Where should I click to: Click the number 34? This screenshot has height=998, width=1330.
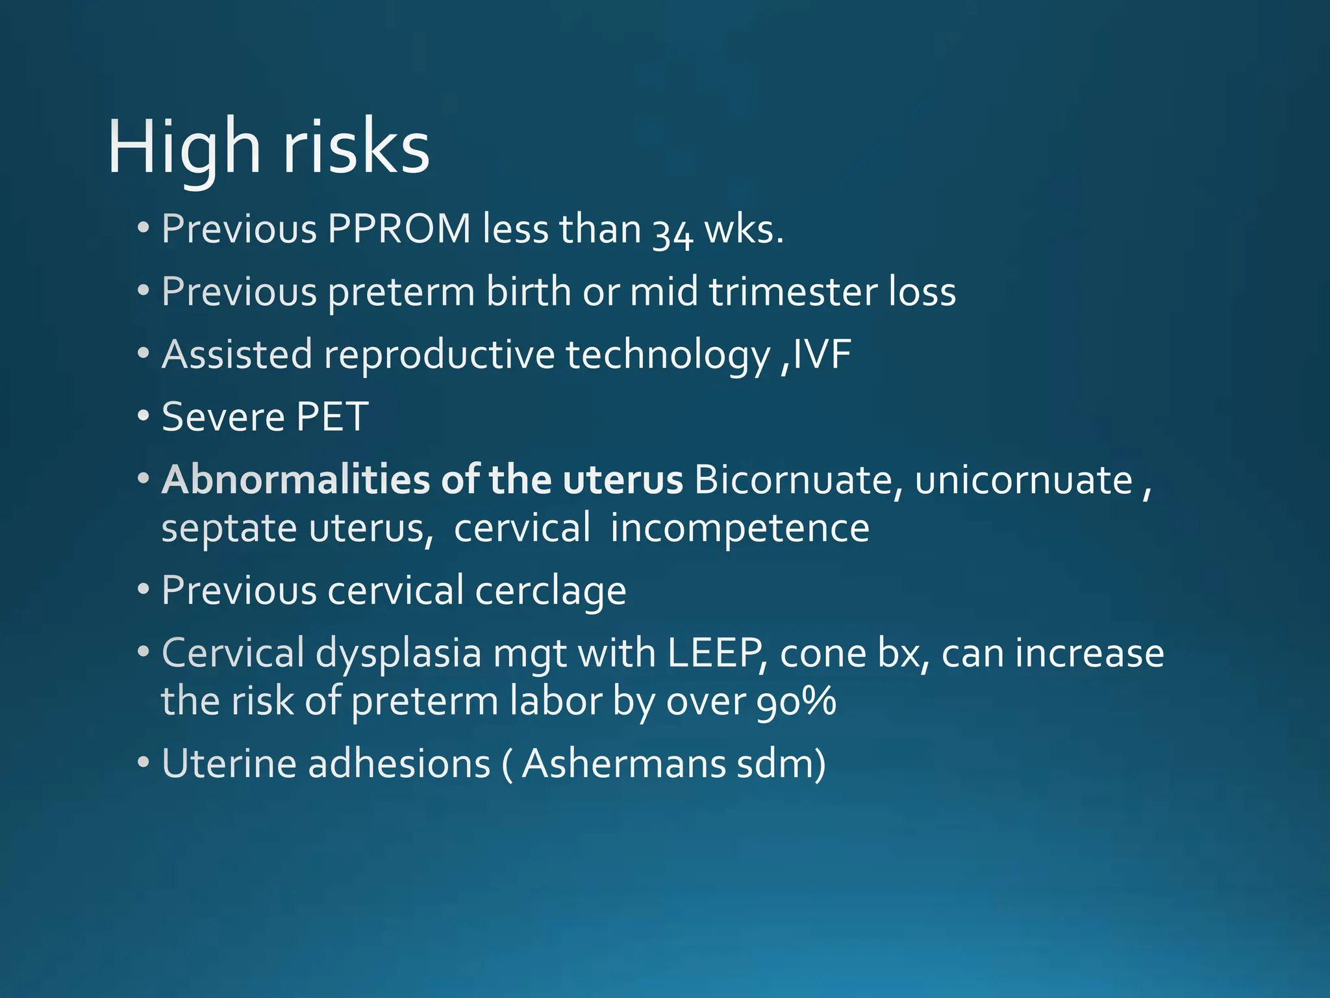(x=672, y=232)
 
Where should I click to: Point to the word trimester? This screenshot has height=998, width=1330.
(x=792, y=291)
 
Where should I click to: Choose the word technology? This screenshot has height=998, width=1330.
(x=668, y=355)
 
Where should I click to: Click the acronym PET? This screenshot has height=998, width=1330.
(x=332, y=416)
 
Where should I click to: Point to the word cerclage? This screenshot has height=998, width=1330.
(x=550, y=591)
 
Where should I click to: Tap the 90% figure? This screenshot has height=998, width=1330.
(x=796, y=702)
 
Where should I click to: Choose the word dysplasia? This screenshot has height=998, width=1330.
(x=398, y=653)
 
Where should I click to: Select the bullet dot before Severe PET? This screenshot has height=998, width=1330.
(x=144, y=416)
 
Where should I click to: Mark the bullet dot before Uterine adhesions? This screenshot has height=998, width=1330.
(x=144, y=763)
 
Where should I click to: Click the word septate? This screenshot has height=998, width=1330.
(x=229, y=528)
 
